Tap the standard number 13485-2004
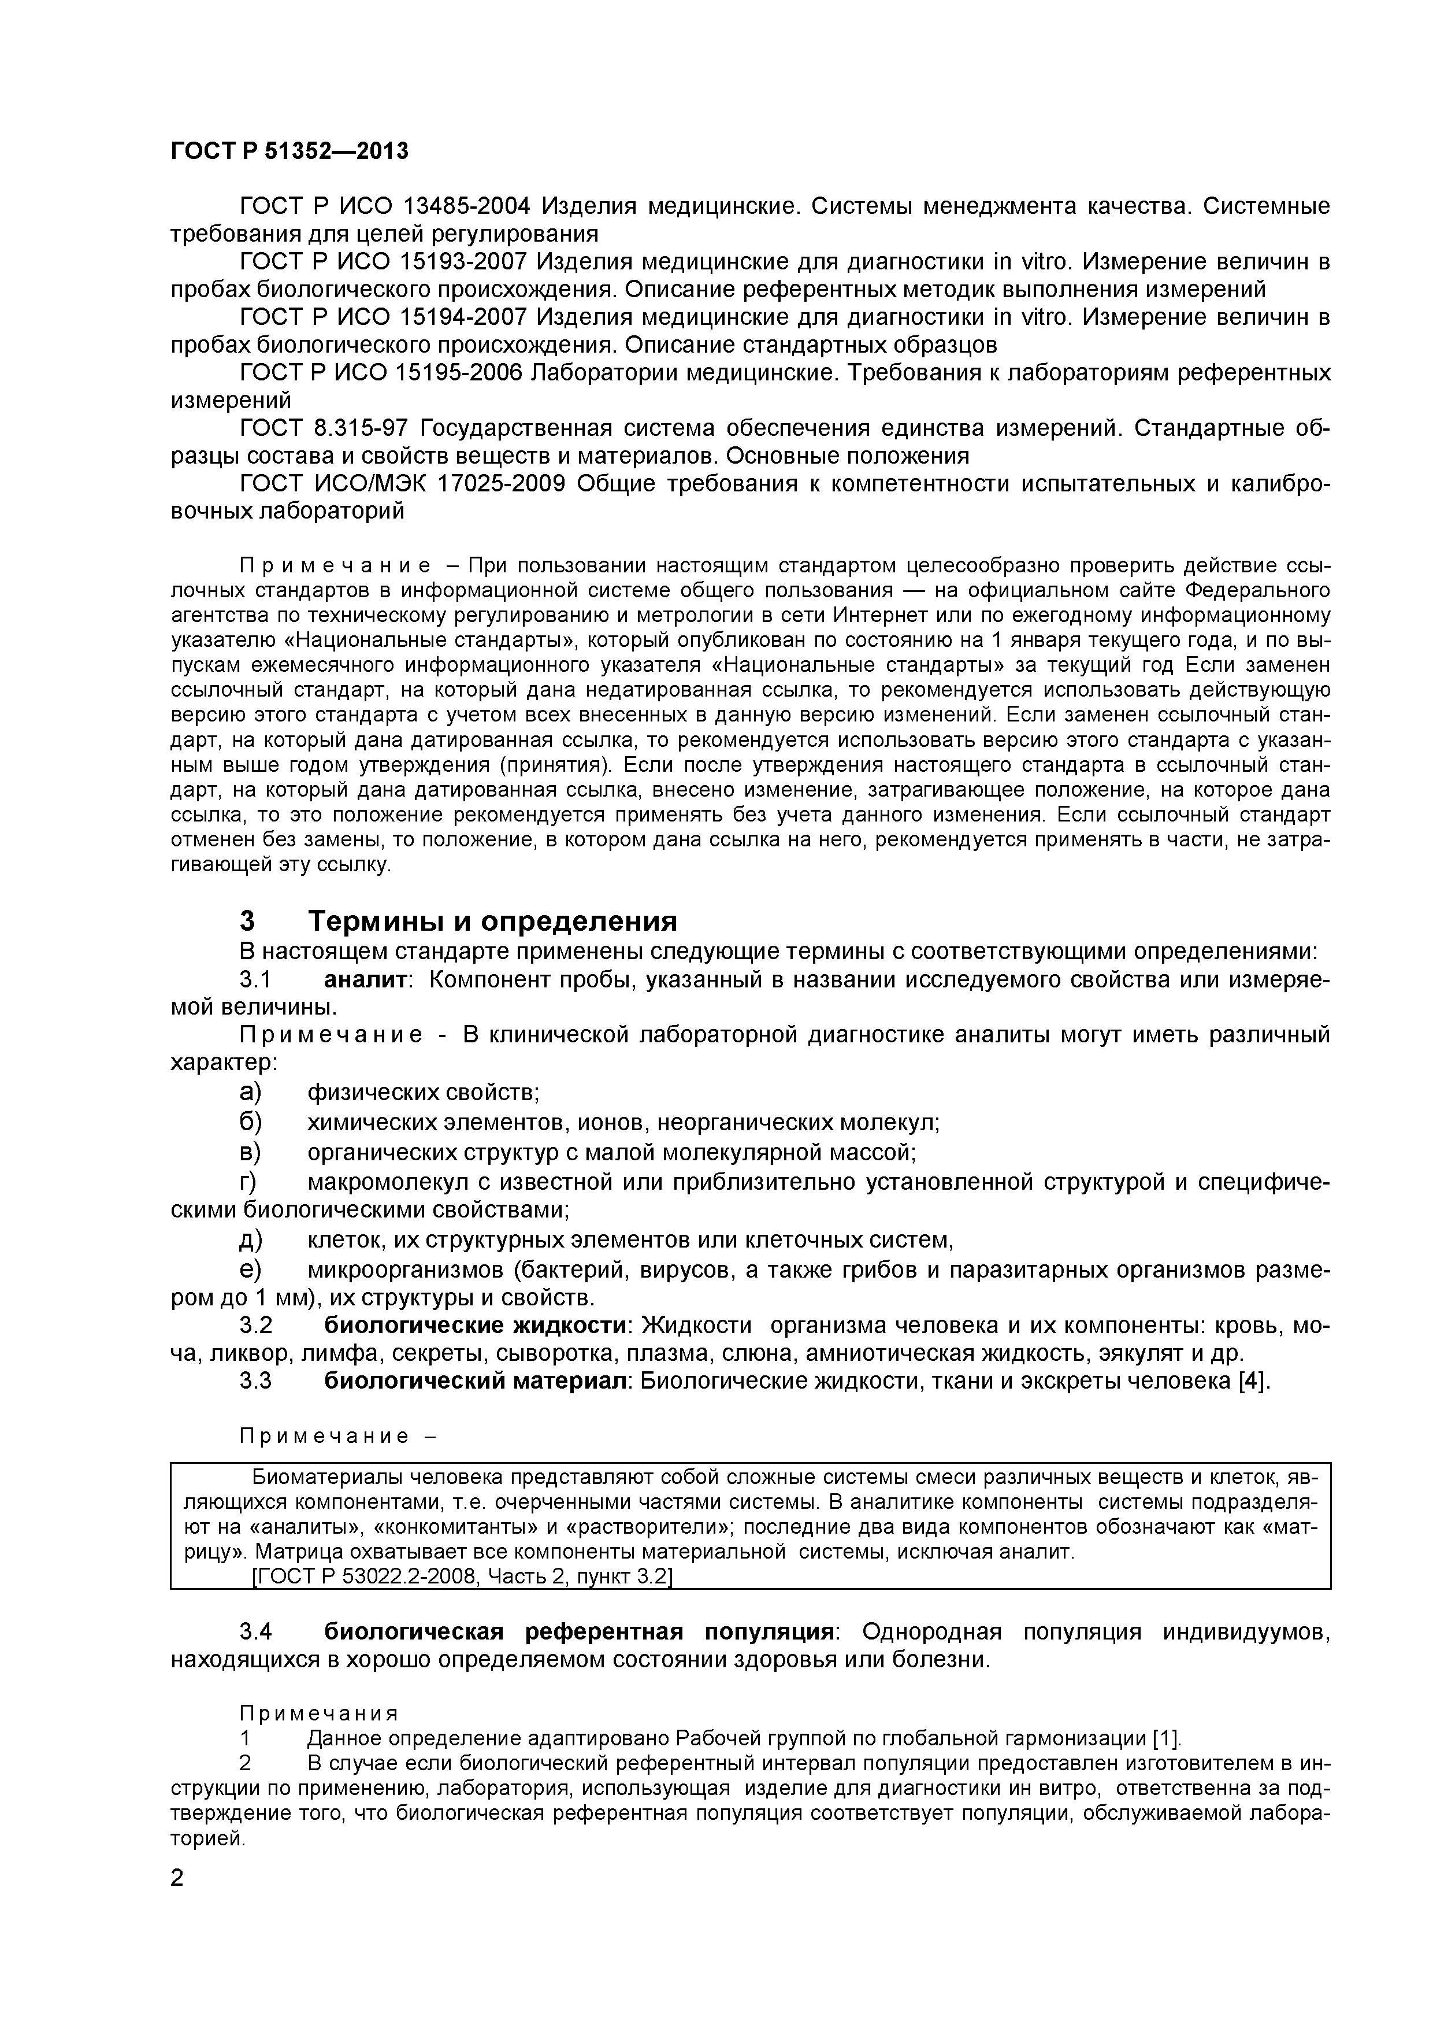coord(466,207)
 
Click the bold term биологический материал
coord(475,1381)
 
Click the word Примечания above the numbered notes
coord(319,1714)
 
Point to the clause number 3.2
coord(255,1326)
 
